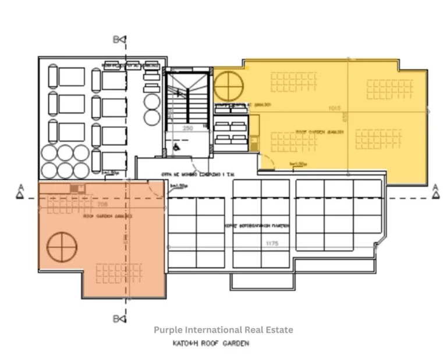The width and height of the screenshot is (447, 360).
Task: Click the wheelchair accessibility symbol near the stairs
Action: click(x=176, y=148)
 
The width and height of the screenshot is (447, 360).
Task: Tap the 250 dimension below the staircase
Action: click(x=187, y=128)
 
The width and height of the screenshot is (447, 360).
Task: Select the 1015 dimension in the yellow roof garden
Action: click(x=334, y=108)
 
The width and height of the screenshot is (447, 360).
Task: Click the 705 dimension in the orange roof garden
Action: click(x=102, y=205)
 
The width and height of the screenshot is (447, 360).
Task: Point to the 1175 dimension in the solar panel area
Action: click(x=271, y=244)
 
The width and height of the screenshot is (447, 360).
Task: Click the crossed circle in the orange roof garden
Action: click(x=62, y=247)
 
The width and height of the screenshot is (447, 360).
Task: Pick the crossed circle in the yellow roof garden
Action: click(x=228, y=85)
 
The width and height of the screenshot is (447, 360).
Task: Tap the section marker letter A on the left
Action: click(x=20, y=187)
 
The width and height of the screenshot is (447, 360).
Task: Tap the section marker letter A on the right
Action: click(x=435, y=187)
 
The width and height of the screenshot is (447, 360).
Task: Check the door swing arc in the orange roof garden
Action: click(x=156, y=187)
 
